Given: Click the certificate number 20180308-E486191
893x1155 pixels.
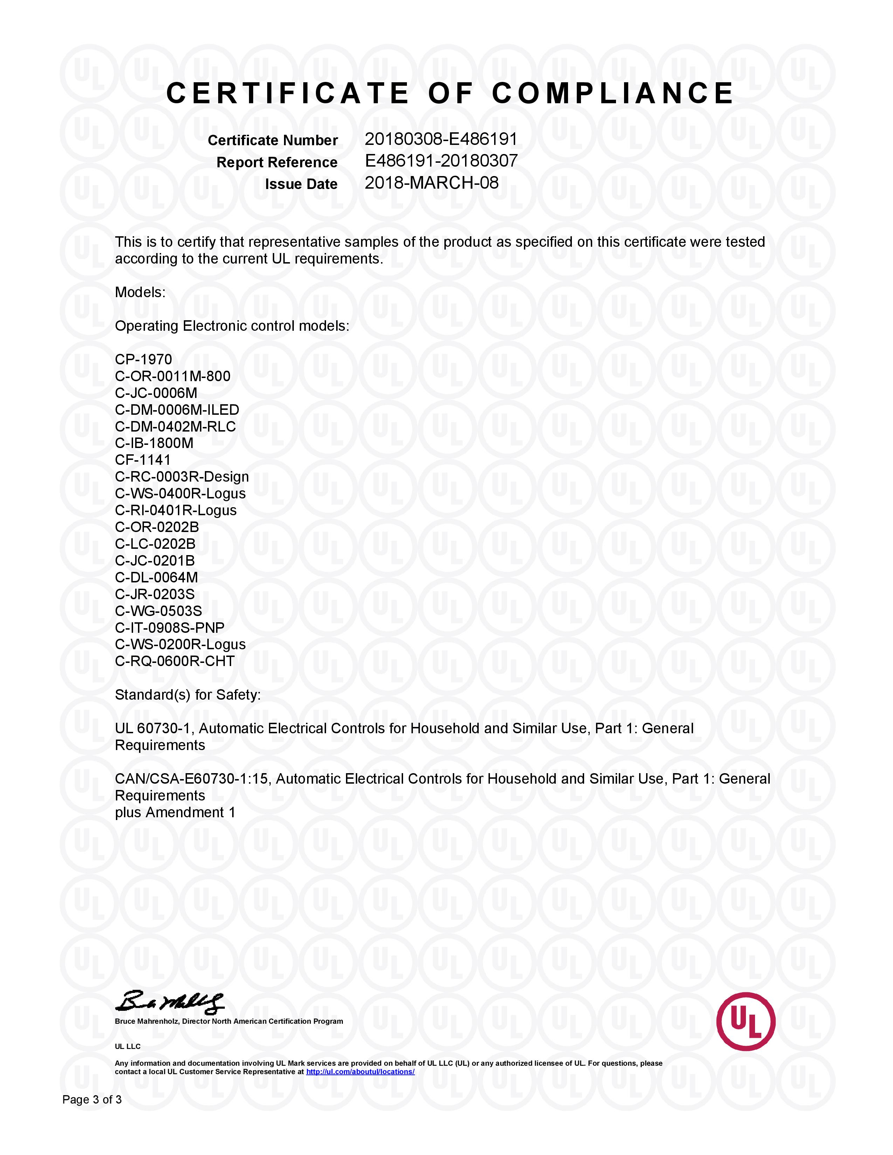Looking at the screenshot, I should click(441, 139).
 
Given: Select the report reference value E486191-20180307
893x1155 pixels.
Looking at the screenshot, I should click(441, 161).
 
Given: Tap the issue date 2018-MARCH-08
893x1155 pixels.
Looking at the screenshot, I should click(431, 183).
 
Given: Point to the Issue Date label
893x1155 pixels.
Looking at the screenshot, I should click(301, 184).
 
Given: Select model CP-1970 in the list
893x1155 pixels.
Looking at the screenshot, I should click(143, 359).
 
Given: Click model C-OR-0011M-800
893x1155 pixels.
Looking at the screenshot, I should click(172, 377).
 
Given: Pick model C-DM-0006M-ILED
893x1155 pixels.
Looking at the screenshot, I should click(177, 410).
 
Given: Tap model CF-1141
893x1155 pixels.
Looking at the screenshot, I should click(143, 460).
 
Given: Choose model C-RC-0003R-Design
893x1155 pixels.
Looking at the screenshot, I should click(181, 477).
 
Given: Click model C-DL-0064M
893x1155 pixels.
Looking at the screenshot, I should click(156, 577).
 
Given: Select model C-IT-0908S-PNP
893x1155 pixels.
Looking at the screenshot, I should click(169, 628).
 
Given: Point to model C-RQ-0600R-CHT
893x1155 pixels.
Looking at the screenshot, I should click(175, 661).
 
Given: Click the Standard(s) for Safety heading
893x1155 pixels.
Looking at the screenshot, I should click(188, 695).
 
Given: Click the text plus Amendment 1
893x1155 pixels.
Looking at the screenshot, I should click(175, 812).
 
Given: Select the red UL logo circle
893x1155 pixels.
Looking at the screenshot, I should click(746, 1021).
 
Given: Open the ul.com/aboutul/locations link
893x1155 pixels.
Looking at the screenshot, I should click(360, 1072).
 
